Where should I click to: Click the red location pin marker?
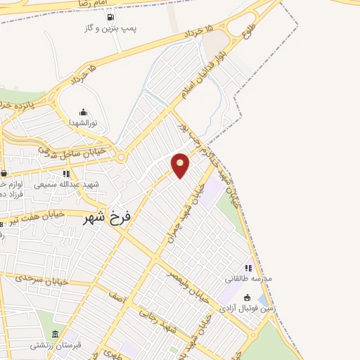click(x=181, y=164)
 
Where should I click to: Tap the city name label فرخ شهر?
click(x=107, y=218)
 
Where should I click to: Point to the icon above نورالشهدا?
click(x=84, y=111)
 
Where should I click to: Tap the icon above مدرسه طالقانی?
click(x=247, y=268)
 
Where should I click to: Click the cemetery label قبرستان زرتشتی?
click(x=55, y=345)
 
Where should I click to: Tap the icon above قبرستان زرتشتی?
click(x=56, y=334)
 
